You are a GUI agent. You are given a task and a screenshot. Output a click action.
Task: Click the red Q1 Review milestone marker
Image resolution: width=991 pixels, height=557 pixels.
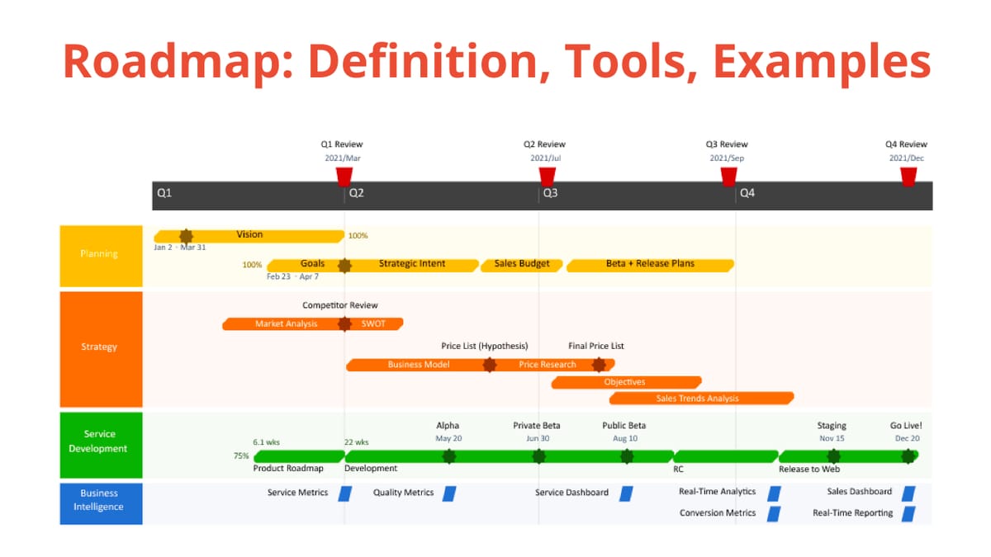coord(344,177)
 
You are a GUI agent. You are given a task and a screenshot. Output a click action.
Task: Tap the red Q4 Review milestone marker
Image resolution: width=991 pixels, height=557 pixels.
coord(908,177)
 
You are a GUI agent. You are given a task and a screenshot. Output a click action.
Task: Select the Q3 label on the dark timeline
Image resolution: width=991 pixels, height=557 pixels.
coord(549,193)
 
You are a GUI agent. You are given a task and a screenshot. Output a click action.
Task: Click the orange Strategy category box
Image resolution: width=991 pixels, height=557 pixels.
coord(101,347)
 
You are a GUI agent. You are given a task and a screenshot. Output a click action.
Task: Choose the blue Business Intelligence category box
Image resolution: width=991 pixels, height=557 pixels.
coord(101,501)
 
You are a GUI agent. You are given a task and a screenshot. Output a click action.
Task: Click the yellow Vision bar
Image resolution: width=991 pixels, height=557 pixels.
coord(249,235)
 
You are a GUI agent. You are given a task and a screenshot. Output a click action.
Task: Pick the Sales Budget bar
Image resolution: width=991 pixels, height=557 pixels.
coord(522,264)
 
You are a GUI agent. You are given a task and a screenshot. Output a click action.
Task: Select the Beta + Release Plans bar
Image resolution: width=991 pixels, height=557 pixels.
coord(650,264)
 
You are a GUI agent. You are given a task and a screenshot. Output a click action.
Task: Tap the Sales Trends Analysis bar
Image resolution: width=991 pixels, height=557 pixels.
coord(700,399)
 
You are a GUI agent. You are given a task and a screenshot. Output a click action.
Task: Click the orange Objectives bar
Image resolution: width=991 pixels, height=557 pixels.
coord(625,382)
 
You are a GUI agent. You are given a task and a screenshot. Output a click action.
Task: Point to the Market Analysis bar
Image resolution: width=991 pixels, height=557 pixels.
coord(284,324)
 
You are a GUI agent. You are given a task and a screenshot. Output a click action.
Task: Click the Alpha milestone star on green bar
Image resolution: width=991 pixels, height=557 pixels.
coord(448,456)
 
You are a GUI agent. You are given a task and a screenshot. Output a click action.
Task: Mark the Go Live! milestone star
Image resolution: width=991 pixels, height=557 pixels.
coord(908,456)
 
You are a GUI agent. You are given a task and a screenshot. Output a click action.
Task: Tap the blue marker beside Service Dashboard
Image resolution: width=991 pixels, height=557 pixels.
coord(626,493)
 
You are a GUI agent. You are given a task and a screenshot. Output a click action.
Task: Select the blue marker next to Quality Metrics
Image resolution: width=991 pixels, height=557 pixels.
coord(449,493)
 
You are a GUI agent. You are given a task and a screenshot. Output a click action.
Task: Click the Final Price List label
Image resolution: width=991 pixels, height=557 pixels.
coord(595,346)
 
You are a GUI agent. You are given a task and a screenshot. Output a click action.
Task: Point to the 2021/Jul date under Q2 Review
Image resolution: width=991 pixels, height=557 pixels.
coord(545,158)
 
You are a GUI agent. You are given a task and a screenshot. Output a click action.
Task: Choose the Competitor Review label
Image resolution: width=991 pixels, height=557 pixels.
coord(339,305)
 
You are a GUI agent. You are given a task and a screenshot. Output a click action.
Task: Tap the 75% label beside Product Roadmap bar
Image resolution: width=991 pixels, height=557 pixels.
coord(241,456)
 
